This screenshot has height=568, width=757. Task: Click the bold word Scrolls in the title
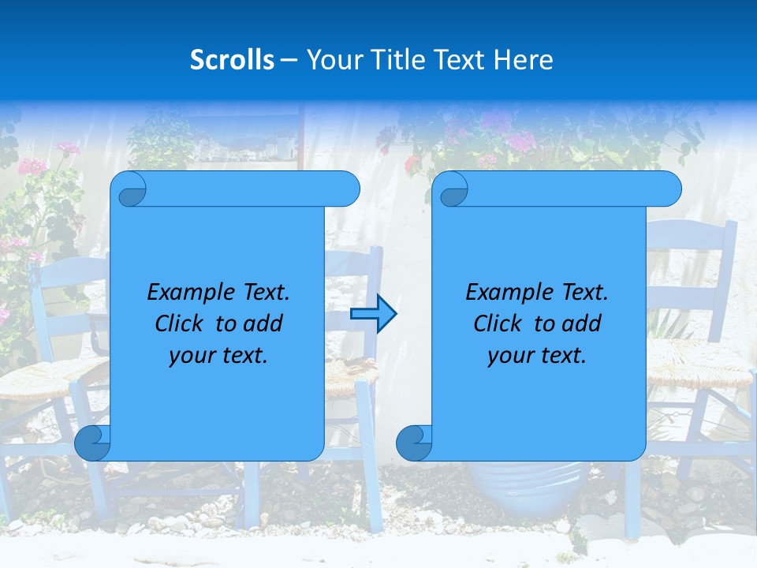tap(232, 60)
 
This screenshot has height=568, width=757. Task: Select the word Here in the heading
tap(523, 60)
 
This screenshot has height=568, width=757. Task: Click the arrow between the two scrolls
tap(374, 314)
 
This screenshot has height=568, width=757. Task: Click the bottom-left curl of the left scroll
tap(92, 443)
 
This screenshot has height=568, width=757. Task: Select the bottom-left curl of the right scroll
tap(414, 443)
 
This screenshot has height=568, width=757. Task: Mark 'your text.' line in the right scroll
tap(537, 355)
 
